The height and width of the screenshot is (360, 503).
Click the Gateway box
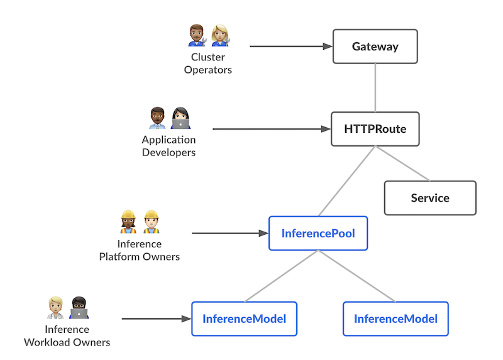coord(375,47)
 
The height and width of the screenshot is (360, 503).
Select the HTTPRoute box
coord(375,129)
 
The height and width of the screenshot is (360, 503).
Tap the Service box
coord(430,198)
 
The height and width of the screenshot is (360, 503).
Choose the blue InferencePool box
coord(318,233)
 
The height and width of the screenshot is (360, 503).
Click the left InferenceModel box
coord(244,318)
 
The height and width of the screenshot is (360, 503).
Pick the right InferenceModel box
coord(395,318)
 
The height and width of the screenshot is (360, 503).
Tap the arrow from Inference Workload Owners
coord(156,318)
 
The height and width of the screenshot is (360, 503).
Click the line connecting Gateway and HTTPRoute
coord(375,87)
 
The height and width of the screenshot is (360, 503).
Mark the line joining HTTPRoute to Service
coord(402,164)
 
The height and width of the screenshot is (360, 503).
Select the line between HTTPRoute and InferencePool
coord(347,181)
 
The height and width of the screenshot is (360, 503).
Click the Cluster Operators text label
coord(207,64)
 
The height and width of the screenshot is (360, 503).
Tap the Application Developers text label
coord(169,146)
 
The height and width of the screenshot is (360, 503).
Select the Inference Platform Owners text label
coord(140,250)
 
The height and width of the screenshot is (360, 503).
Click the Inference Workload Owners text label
coord(67,336)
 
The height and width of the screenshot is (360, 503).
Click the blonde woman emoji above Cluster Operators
coord(220,36)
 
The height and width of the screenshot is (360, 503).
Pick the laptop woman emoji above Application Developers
coord(180,118)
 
